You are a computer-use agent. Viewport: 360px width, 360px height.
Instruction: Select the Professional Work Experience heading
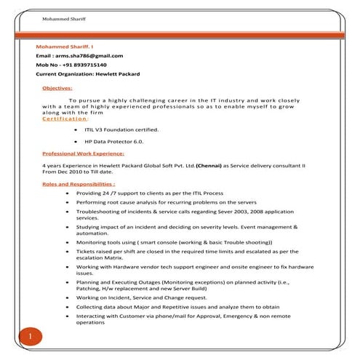click(83, 154)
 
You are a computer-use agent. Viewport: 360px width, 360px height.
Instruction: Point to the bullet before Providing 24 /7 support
click(68, 194)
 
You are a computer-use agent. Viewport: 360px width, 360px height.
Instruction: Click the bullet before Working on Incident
click(68, 297)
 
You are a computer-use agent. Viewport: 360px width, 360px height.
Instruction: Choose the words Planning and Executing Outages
click(113, 281)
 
